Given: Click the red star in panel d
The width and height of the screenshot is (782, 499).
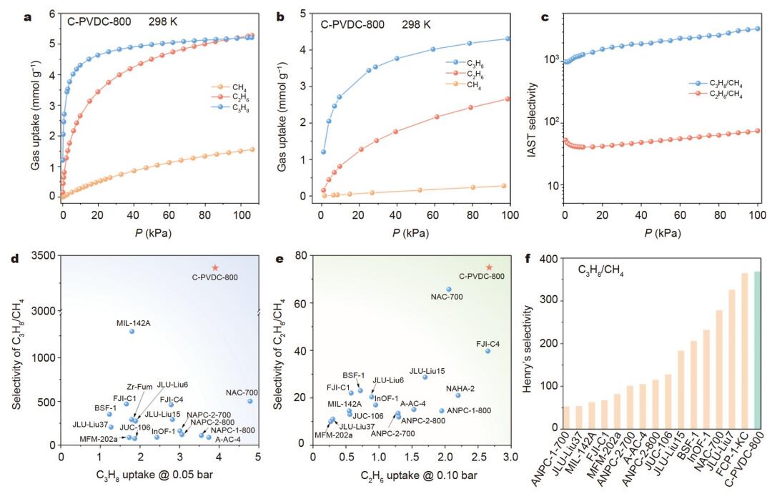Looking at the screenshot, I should [215, 267].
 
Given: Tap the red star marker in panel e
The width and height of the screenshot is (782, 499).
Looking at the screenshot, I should [489, 267].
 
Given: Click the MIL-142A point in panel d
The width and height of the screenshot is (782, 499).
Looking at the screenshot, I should [132, 331].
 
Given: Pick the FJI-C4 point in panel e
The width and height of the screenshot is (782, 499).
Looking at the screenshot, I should [488, 351].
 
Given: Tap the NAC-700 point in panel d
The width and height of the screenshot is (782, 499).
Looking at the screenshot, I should [250, 401].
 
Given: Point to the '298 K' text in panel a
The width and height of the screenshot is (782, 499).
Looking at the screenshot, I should [163, 22].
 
